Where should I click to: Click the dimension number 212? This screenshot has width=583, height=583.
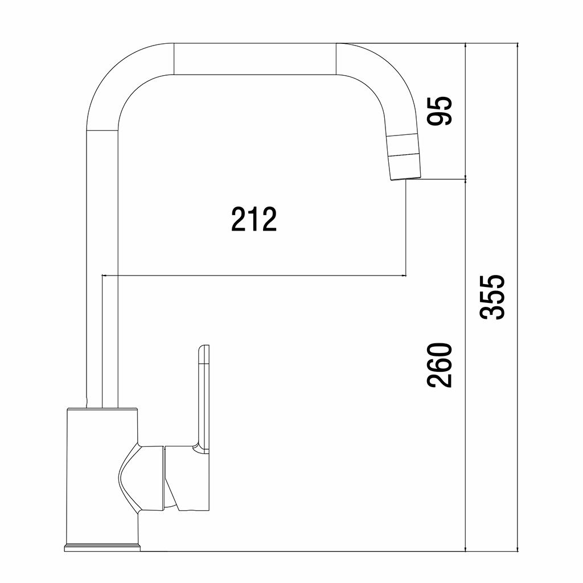(x=254, y=219)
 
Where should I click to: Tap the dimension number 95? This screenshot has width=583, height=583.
(x=440, y=110)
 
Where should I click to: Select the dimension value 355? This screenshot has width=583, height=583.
(x=492, y=297)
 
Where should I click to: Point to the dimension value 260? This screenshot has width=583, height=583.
(x=440, y=365)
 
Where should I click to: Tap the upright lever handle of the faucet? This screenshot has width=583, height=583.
(x=203, y=398)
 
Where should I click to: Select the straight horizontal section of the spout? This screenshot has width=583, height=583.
(x=255, y=59)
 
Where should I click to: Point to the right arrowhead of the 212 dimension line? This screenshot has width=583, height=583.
(x=404, y=276)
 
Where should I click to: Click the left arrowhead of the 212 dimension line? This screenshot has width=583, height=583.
(x=105, y=276)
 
